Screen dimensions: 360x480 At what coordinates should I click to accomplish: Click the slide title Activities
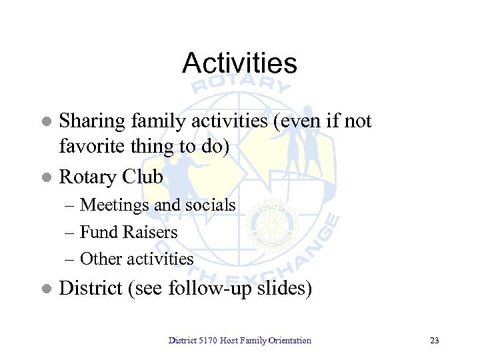click(x=239, y=63)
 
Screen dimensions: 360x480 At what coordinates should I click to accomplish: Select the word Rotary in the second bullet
click(x=88, y=177)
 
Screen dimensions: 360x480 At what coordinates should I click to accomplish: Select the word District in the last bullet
click(x=91, y=289)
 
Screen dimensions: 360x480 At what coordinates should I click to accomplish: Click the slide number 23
click(x=435, y=341)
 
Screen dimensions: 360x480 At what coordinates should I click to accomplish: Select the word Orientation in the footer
click(x=289, y=341)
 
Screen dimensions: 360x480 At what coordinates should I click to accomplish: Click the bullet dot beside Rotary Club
click(x=46, y=178)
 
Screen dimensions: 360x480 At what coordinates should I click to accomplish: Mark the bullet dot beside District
click(x=46, y=289)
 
